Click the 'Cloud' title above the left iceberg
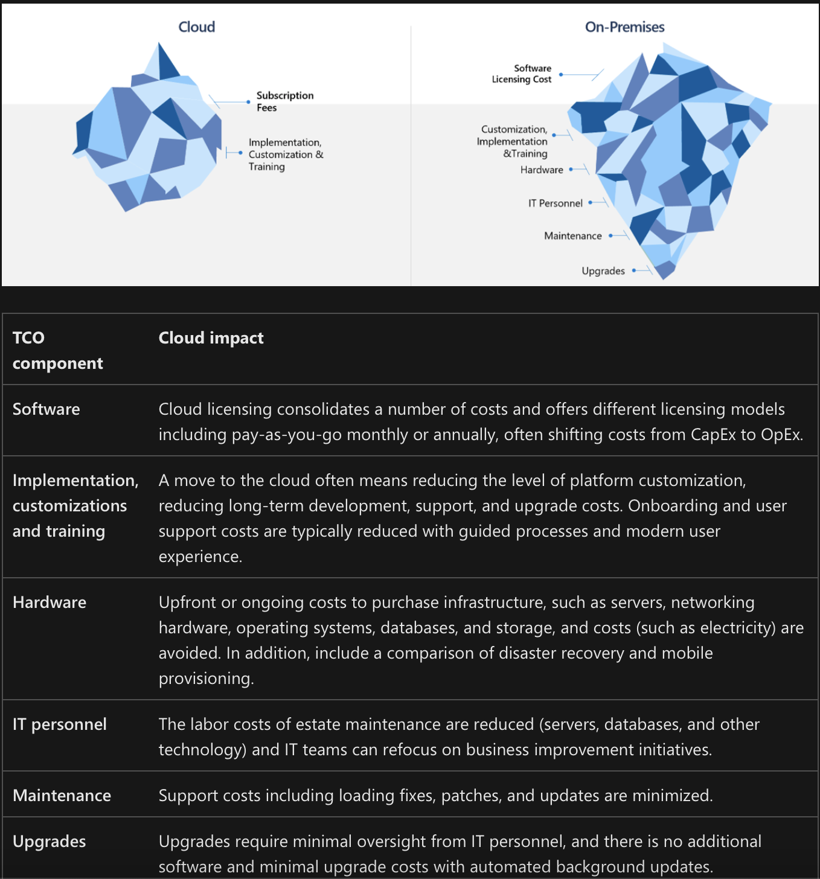197,27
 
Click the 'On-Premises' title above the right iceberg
624,27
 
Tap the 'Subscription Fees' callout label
284,101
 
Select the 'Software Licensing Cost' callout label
522,74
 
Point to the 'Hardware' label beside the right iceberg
542,170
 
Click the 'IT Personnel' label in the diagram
556,203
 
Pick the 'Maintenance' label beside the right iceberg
573,236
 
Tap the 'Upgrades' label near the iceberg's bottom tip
603,271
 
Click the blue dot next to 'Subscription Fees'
249,102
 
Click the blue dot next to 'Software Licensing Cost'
561,74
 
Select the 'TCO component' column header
57,350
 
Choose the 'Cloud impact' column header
211,338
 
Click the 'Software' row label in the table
46,409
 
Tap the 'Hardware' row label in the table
50,603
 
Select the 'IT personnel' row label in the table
60,724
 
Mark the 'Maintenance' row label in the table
62,796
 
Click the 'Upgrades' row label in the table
50,842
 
